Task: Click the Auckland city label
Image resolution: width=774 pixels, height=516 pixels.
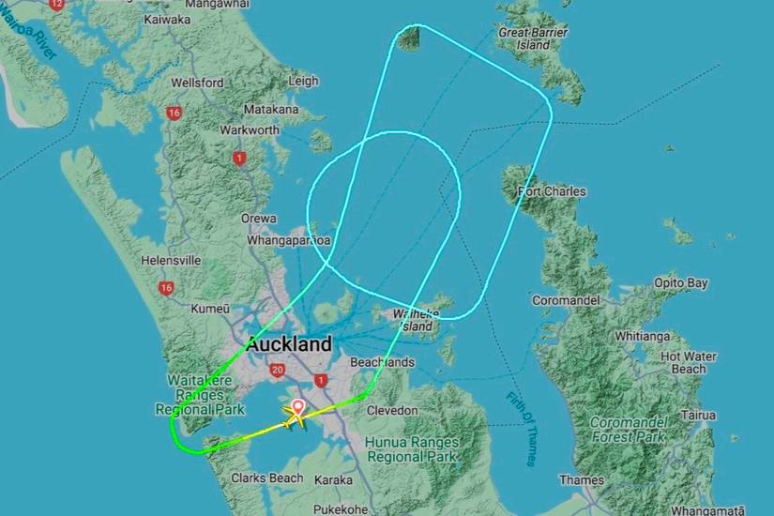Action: (289, 343)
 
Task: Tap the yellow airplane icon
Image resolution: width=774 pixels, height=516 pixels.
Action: (294, 421)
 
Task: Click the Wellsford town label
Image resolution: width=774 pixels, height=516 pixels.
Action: (197, 83)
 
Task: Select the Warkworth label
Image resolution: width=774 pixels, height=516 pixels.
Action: (249, 129)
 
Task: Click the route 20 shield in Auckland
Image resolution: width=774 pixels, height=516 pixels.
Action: (276, 371)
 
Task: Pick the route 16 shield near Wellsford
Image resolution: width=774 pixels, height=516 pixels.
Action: (173, 113)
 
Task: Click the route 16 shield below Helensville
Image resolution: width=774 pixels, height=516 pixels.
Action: (166, 288)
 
